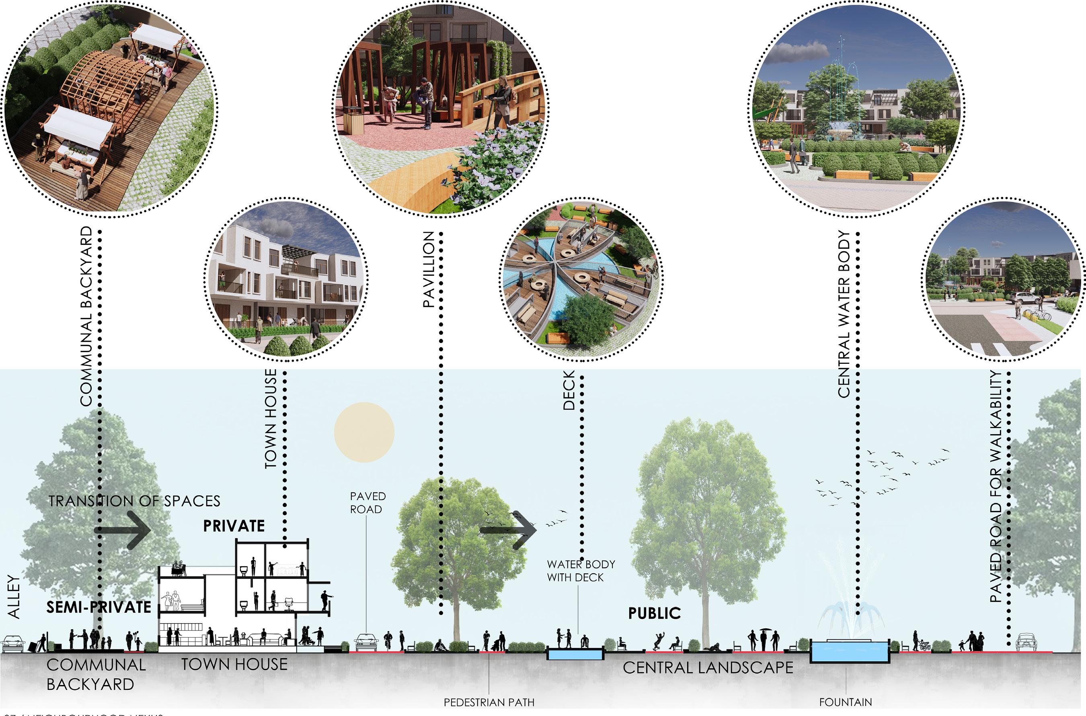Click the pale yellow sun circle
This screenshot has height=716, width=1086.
364,432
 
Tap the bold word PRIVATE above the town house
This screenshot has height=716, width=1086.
234,526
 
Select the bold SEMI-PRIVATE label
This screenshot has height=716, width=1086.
99,607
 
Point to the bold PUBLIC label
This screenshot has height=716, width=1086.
655,613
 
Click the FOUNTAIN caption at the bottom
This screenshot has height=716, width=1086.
845,702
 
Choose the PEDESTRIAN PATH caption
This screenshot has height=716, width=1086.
489,702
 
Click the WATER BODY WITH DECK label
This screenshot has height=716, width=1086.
581,571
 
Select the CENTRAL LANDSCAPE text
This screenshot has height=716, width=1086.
708,668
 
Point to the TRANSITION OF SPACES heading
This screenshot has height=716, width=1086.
134,501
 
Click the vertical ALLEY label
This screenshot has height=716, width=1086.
14,597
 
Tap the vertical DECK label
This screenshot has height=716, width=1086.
569,390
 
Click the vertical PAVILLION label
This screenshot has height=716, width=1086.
428,269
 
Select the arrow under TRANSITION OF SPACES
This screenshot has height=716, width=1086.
122,530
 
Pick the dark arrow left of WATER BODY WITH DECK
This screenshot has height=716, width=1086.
508,530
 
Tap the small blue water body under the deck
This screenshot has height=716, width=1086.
575,654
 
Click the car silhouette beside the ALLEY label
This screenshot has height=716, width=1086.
12,644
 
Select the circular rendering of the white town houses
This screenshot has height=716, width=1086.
286,279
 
